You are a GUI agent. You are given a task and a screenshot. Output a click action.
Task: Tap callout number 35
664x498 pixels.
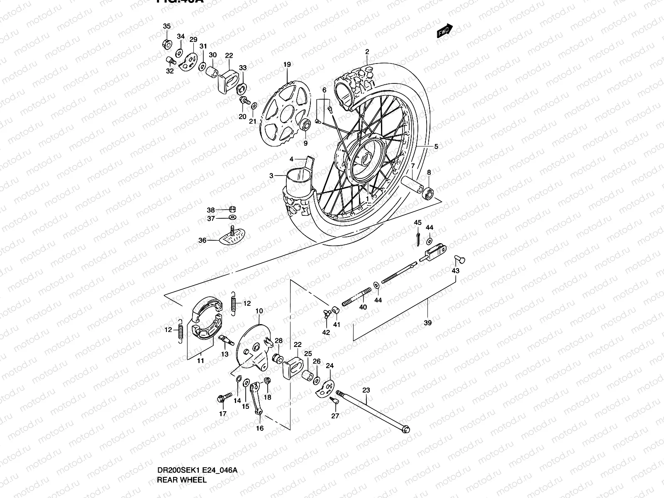tap(166, 26)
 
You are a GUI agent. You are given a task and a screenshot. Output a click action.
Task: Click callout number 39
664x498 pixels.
tap(428, 322)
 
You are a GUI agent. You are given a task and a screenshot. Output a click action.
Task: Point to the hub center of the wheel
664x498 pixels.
tap(366, 159)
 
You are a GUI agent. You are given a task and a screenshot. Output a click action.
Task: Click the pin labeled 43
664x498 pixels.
tap(459, 259)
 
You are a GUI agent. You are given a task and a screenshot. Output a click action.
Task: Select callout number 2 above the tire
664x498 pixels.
tap(367, 52)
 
